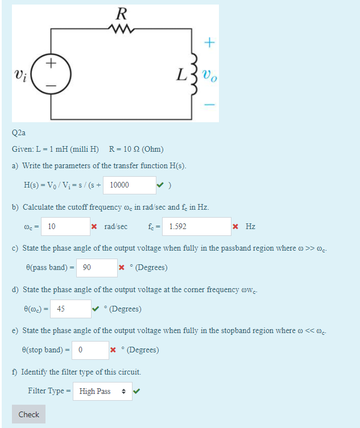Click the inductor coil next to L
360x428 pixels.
click(193, 73)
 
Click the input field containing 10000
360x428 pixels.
click(130, 185)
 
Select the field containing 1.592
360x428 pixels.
click(196, 226)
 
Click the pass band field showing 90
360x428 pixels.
click(97, 267)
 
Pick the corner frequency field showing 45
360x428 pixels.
click(70, 309)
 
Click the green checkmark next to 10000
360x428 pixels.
click(163, 185)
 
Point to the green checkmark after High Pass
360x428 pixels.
click(136, 390)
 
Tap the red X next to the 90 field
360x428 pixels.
click(122, 267)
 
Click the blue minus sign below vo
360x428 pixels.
click(210, 105)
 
